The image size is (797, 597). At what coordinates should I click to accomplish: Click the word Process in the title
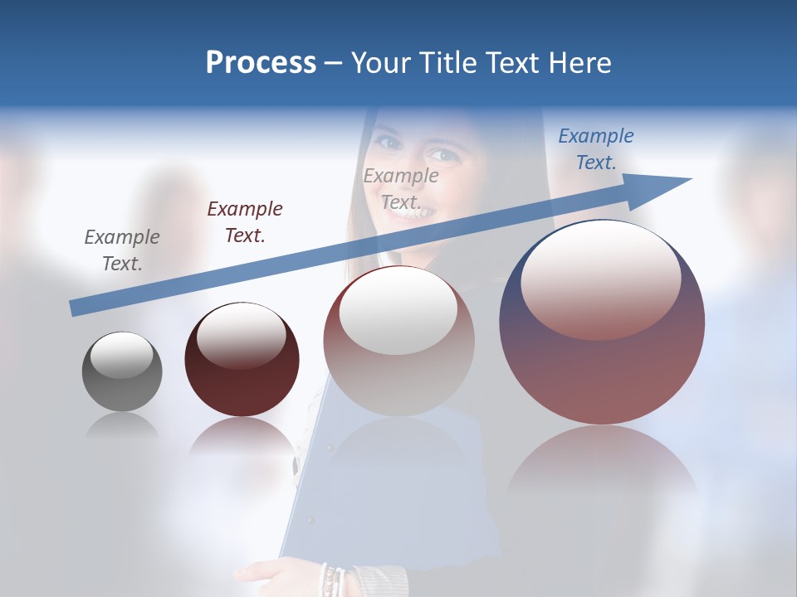[261, 63]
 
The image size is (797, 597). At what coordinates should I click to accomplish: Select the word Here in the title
[579, 63]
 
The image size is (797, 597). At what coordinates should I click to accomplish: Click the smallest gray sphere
[122, 371]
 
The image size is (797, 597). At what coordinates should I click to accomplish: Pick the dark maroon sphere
[242, 359]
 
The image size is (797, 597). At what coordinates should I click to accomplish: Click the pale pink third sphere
[399, 341]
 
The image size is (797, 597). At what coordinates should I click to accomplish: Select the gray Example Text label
[121, 250]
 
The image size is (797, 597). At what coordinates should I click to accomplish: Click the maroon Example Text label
[245, 222]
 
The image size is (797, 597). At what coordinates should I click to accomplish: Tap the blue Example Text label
[596, 149]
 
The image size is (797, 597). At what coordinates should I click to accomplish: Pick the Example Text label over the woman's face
[401, 188]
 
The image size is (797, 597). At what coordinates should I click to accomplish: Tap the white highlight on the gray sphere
[121, 355]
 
